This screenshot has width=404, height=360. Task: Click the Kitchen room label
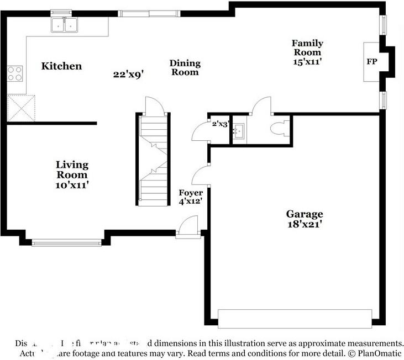click(62, 66)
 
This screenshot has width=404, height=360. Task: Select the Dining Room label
click(185, 67)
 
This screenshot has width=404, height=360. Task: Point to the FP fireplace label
click(371, 62)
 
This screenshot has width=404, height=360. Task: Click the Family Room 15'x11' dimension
click(307, 62)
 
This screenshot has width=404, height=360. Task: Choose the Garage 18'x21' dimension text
click(304, 224)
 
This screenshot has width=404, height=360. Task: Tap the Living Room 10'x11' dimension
click(72, 186)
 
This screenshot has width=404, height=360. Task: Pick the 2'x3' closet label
click(220, 124)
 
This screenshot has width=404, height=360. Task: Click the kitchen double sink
click(65, 25)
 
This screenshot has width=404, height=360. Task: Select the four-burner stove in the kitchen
click(15, 73)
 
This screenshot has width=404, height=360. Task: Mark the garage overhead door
click(295, 319)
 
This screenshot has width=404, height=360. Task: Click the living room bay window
click(66, 242)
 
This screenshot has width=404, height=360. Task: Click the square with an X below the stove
click(20, 108)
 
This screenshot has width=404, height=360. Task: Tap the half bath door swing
click(261, 106)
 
